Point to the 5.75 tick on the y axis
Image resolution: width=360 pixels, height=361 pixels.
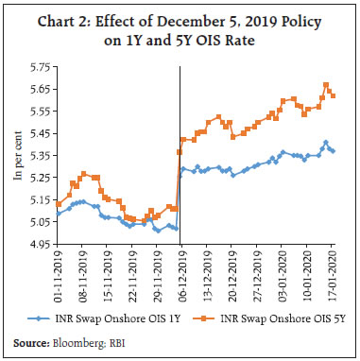39,67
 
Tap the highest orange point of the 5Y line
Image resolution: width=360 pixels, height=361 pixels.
326,85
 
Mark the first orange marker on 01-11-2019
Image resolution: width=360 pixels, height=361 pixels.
59,204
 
